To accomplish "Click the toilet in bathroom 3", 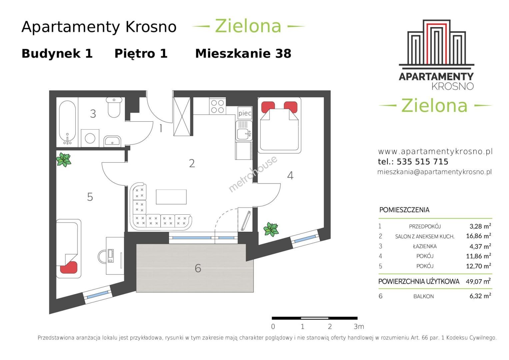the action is (x=114, y=107).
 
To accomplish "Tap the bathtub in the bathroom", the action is (x=67, y=123).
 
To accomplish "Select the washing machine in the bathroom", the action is (x=90, y=138).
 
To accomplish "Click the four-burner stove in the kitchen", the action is (x=217, y=106).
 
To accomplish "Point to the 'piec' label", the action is (x=245, y=113).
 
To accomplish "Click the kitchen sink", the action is (x=244, y=131).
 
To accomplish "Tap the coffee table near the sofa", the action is (x=171, y=197).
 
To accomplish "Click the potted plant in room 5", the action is (x=64, y=160).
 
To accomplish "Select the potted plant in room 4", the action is (x=271, y=230).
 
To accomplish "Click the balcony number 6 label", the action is (x=198, y=268).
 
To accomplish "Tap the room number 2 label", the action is (x=192, y=163).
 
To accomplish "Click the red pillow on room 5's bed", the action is (x=69, y=267).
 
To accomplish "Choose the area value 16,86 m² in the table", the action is (x=478, y=236).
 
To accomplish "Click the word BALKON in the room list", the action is (x=424, y=296).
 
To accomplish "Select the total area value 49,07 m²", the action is (x=478, y=281).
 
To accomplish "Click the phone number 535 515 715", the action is (x=422, y=162).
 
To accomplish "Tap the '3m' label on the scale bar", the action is (x=359, y=327).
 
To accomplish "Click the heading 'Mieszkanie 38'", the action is (x=243, y=54).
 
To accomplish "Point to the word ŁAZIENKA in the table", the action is (x=425, y=246).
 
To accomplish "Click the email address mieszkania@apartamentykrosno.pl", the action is (x=434, y=172).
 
